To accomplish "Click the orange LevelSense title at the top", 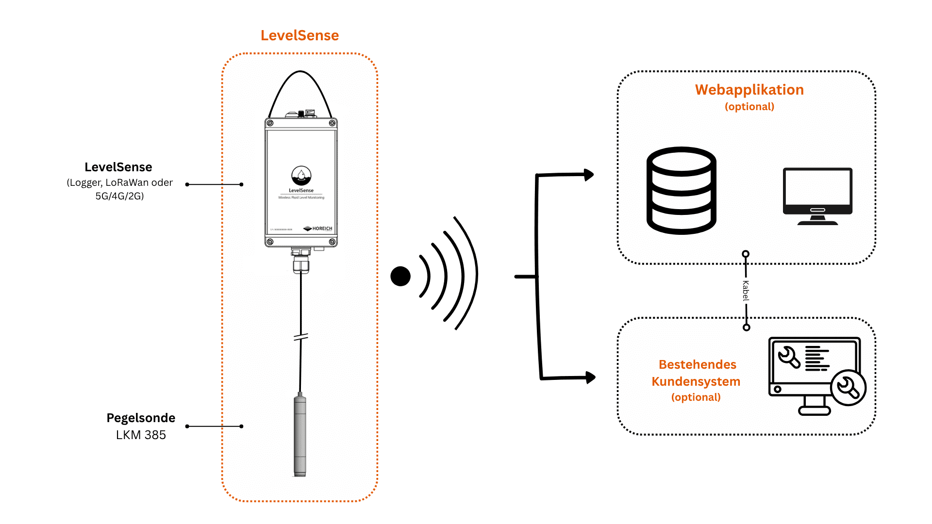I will pyautogui.click(x=300, y=35).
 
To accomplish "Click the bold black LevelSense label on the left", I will pyautogui.click(x=118, y=167).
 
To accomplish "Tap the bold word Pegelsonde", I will pyautogui.click(x=141, y=418).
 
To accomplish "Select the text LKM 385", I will pyautogui.click(x=141, y=435).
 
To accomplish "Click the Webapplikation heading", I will pyautogui.click(x=749, y=90).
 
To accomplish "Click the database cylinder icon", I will pyautogui.click(x=681, y=191).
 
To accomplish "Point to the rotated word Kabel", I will pyautogui.click(x=746, y=291).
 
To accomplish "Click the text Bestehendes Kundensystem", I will pyautogui.click(x=697, y=373).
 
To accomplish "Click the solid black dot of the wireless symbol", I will pyautogui.click(x=400, y=276).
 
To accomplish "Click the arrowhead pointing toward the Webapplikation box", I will pyautogui.click(x=589, y=175).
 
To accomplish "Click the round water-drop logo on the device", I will pyautogui.click(x=301, y=175).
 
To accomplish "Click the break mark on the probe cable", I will pyautogui.click(x=301, y=337).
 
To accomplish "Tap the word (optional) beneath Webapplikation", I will pyautogui.click(x=749, y=107).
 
